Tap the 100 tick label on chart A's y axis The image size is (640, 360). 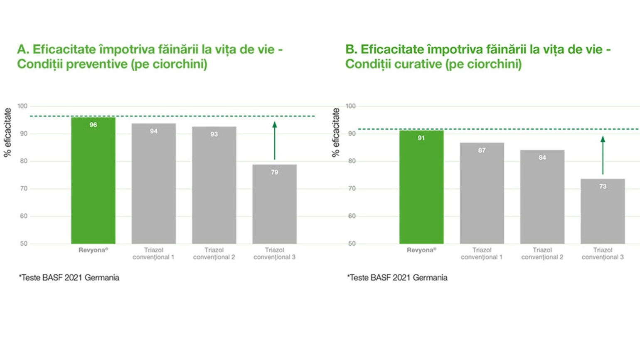click(x=22, y=106)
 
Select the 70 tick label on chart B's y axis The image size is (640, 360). click(x=352, y=188)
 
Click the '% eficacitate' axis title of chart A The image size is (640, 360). click(x=7, y=132)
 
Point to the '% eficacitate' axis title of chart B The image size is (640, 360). click(x=336, y=132)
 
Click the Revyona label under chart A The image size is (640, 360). click(x=93, y=250)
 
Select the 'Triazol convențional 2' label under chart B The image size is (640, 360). click(x=542, y=254)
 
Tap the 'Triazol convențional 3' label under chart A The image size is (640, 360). click(x=274, y=254)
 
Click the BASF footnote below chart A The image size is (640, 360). click(x=69, y=277)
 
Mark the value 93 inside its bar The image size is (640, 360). click(x=214, y=134)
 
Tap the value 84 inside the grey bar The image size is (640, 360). click(x=542, y=158)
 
